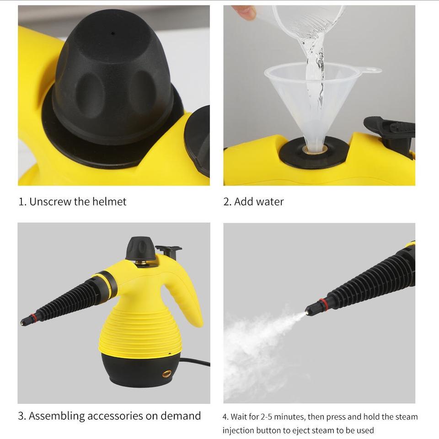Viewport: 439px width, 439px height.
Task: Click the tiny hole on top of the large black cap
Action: click(113, 33)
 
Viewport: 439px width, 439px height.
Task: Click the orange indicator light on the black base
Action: click(167, 373)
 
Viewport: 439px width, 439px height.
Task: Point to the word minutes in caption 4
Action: click(292, 417)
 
